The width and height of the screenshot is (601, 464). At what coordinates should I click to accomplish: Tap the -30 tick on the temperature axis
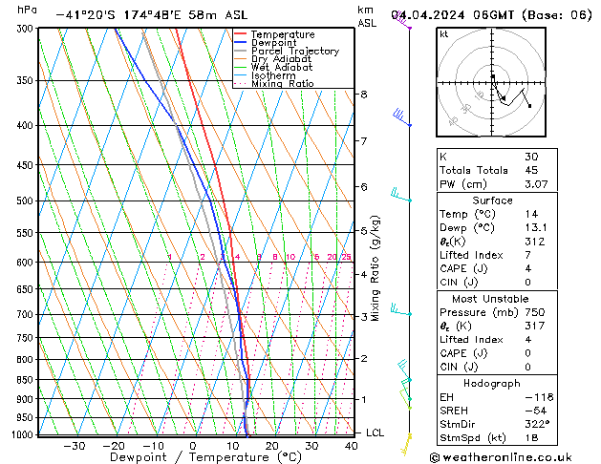click(74, 446)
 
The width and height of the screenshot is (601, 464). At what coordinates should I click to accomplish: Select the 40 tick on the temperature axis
click(353, 446)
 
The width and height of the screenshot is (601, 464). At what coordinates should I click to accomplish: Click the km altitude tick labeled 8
click(363, 95)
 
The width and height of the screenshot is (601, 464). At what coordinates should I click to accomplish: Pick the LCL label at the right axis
click(376, 432)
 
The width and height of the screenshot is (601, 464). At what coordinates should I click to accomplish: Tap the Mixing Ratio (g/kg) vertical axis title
click(376, 268)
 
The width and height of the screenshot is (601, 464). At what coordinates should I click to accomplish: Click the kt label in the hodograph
click(443, 34)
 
